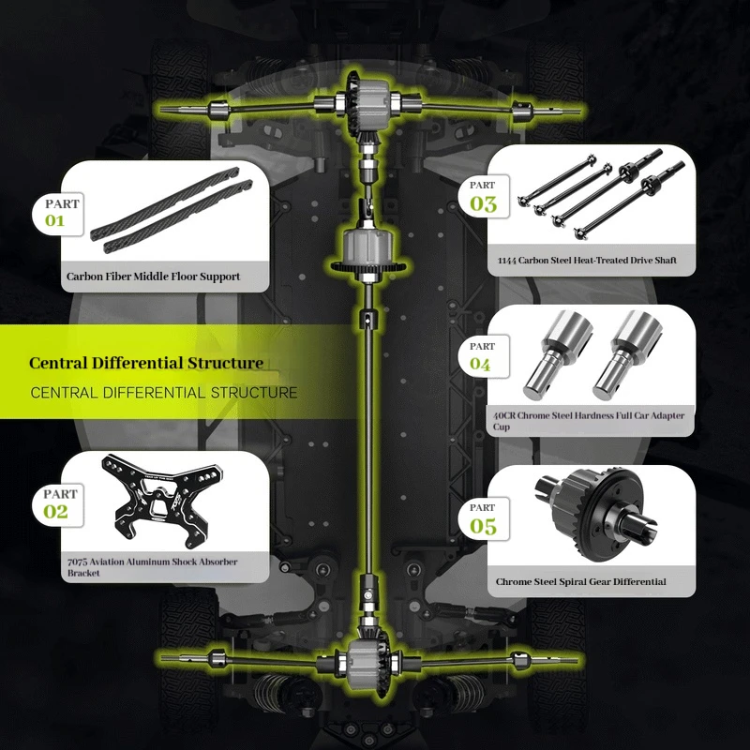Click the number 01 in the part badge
[55, 221]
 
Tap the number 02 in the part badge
[55, 512]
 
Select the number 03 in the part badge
[483, 203]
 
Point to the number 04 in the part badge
[480, 364]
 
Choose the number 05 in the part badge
[483, 526]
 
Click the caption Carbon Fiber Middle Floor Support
[153, 277]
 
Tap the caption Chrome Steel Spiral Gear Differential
[581, 582]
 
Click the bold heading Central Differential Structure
[145, 363]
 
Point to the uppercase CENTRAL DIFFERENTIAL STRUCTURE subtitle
[164, 393]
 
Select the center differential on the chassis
[367, 249]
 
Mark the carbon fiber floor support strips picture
[169, 212]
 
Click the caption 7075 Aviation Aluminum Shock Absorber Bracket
[152, 567]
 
